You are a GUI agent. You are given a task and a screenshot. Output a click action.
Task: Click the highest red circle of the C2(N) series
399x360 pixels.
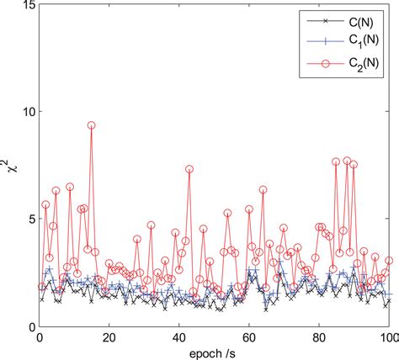point(91,125)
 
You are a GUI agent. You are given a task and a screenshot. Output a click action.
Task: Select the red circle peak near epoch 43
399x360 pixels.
point(189,169)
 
